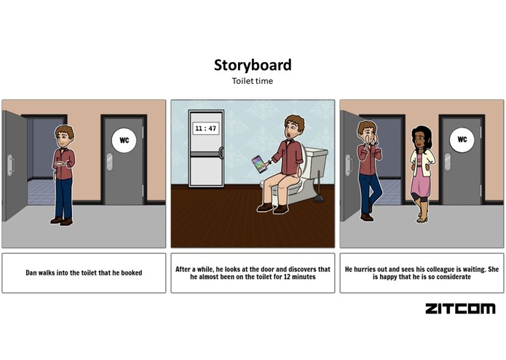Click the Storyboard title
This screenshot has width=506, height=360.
point(253,65)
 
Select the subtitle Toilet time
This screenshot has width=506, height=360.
point(253,81)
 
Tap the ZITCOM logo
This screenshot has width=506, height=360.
point(459,308)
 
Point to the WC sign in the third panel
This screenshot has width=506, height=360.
point(461,138)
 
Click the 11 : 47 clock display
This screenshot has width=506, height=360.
point(206,128)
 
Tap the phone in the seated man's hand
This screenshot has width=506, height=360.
point(257,161)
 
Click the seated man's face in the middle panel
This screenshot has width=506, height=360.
point(292,132)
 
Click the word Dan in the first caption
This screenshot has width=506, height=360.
point(31,273)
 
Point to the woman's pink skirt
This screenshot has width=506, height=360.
point(419,188)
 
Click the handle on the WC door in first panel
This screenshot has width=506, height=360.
point(109,161)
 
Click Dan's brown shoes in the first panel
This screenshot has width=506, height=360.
point(61,220)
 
